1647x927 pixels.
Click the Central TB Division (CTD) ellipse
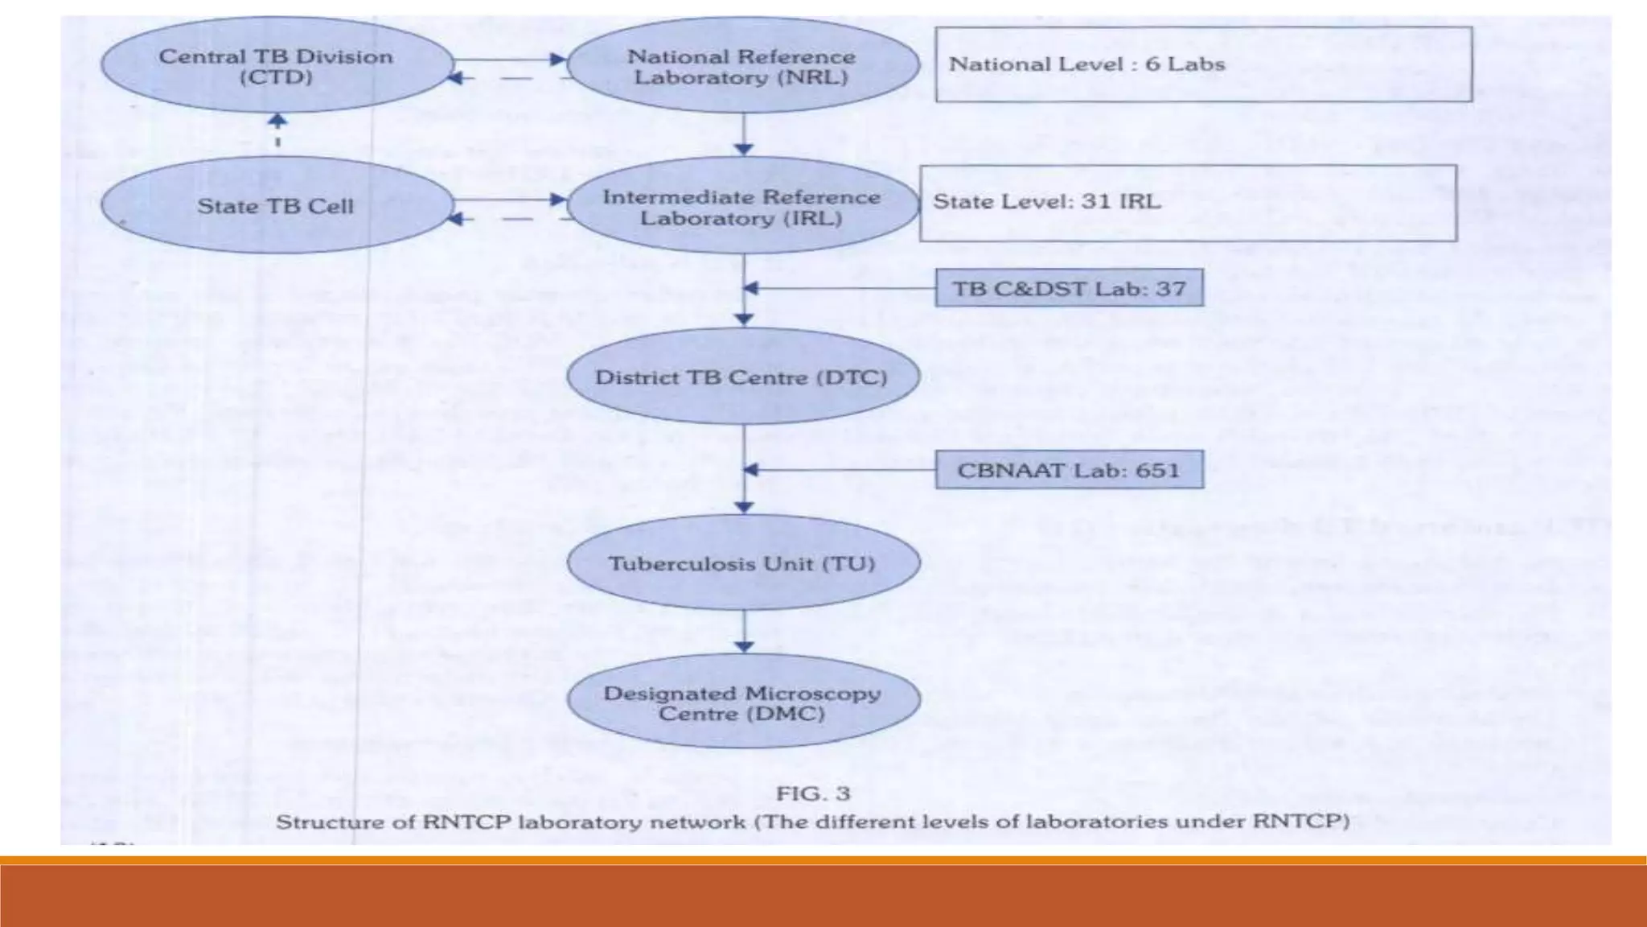[276, 67]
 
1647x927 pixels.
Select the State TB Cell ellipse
[276, 206]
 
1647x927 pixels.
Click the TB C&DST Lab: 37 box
[1069, 288]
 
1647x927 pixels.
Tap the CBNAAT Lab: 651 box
[1069, 470]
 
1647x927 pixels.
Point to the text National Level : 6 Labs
[1086, 64]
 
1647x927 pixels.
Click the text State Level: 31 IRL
[1046, 201]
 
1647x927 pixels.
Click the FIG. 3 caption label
[812, 793]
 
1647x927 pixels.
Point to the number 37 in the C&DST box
[1170, 288]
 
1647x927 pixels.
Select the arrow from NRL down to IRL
[744, 134]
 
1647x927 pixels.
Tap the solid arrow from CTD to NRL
[510, 59]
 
